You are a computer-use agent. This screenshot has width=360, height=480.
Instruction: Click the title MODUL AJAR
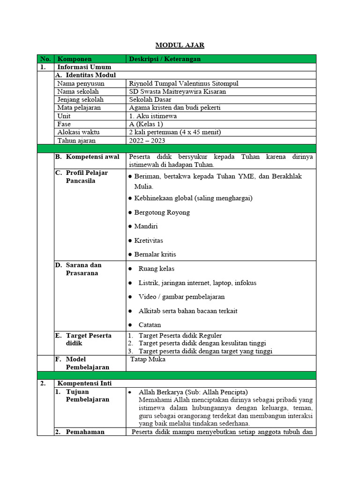tap(180, 45)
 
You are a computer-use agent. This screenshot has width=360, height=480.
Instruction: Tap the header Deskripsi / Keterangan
tap(165, 59)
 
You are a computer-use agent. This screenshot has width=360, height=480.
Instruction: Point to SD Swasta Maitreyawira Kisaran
tap(177, 92)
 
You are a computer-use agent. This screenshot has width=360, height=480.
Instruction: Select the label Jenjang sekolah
tap(80, 100)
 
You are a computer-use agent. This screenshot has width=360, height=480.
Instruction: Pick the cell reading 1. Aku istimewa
tap(152, 116)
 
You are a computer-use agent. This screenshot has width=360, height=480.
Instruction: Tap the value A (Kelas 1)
tap(146, 124)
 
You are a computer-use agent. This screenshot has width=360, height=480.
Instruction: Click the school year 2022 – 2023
tap(147, 141)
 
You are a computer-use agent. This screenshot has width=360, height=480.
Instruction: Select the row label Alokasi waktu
tap(78, 132)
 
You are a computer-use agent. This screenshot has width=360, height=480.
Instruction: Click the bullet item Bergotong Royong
tap(162, 212)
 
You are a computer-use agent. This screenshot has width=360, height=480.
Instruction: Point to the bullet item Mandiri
tap(146, 226)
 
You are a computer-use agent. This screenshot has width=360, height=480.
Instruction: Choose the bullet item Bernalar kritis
tap(155, 255)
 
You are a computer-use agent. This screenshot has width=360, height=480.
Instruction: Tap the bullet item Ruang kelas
tap(157, 269)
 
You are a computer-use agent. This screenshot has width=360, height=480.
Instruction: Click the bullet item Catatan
tap(150, 325)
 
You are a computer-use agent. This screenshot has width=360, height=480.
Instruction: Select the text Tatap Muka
tap(148, 360)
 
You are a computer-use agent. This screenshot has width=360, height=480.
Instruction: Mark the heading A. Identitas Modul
tap(89, 75)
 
